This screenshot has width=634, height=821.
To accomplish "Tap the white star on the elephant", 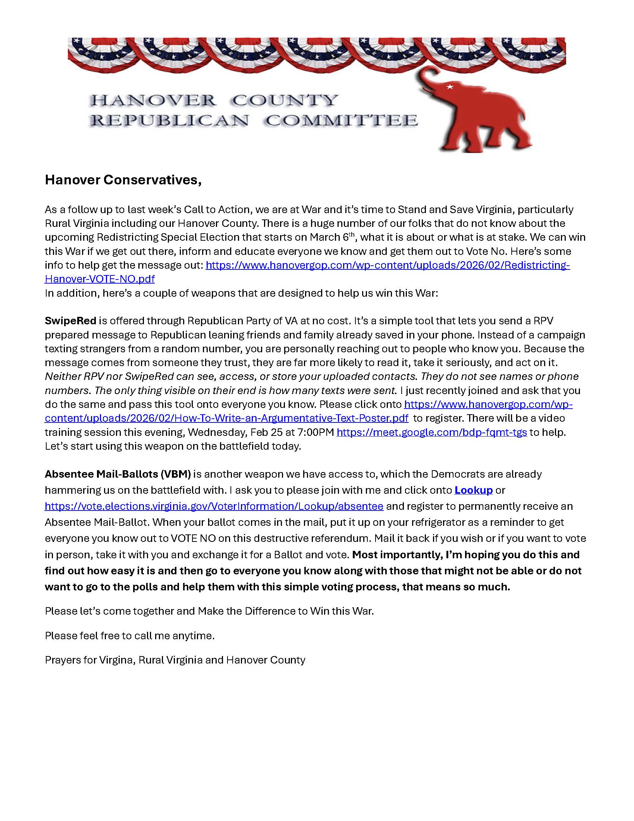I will (x=449, y=87).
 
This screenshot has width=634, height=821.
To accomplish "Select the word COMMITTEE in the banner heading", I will (x=341, y=121).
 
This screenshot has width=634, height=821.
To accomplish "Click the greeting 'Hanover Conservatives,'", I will (x=123, y=180).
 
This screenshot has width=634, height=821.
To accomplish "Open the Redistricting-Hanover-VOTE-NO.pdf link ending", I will (x=100, y=279).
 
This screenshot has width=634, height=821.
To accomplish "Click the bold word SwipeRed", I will (x=70, y=321).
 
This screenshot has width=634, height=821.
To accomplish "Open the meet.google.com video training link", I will (x=431, y=432).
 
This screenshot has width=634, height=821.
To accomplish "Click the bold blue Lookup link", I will (x=473, y=490).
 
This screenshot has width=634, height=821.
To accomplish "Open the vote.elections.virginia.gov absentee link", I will (x=214, y=506).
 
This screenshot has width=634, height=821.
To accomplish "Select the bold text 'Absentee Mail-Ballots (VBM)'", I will (x=117, y=474).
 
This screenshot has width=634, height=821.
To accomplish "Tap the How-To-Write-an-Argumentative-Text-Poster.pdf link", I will (x=226, y=418).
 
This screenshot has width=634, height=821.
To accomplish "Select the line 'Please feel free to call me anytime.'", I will (x=129, y=636).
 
